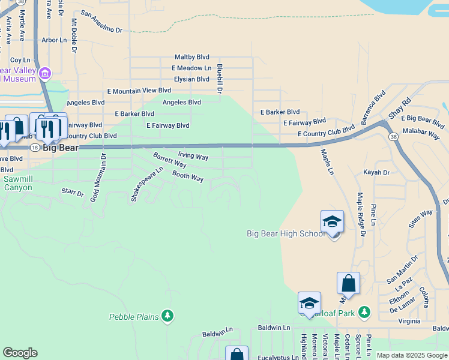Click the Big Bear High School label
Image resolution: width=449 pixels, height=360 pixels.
pyautogui.click(x=286, y=233)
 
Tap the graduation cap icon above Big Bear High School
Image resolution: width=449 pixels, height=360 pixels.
pyautogui.click(x=332, y=222)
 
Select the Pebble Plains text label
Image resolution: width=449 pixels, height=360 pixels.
pyautogui.click(x=134, y=317)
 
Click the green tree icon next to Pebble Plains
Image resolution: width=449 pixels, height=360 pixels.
pyautogui.click(x=167, y=316)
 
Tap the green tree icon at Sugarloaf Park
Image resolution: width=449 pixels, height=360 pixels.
pyautogui.click(x=363, y=312)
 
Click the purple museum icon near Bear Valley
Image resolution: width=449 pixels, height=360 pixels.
pyautogui.click(x=44, y=74)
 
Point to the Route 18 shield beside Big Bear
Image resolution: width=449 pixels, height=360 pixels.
pyautogui.click(x=35, y=148)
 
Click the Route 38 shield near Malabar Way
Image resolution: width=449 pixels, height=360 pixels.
pyautogui.click(x=393, y=137)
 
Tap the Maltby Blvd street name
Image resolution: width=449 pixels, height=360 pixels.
pyautogui.click(x=191, y=57)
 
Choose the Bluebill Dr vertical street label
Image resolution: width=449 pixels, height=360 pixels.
pyautogui.click(x=220, y=79)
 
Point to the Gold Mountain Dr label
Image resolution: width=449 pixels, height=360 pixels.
pyautogui.click(x=94, y=177)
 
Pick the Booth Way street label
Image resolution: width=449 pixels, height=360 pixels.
pyautogui.click(x=188, y=176)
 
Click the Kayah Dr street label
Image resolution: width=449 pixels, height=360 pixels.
pyautogui.click(x=376, y=172)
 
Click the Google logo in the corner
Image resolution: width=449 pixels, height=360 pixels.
pyautogui.click(x=20, y=352)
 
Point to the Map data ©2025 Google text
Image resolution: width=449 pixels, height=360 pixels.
pyautogui.click(x=411, y=355)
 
